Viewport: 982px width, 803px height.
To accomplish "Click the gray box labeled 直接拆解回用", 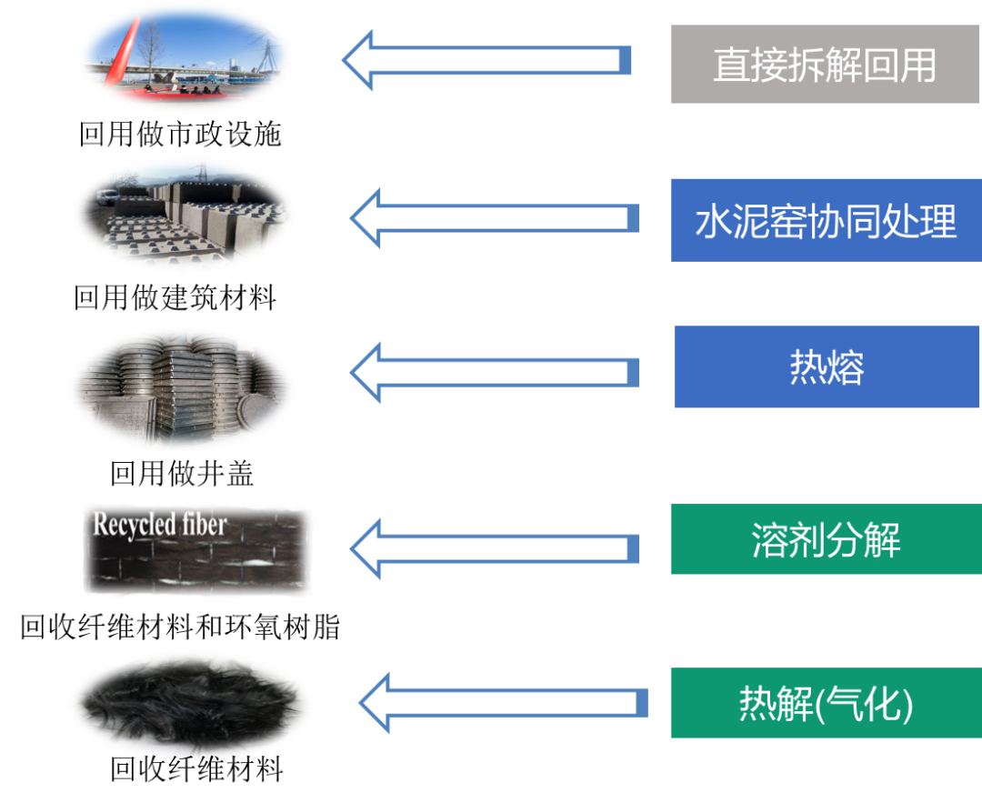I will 825,65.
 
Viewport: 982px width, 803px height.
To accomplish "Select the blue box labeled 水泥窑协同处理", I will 826,220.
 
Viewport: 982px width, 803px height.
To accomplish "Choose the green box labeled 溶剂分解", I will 826,540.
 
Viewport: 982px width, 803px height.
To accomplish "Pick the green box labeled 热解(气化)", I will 826,703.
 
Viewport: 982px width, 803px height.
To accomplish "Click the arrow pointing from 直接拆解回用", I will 487,61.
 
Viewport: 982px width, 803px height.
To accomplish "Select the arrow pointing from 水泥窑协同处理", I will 495,218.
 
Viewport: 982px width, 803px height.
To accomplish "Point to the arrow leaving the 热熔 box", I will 495,372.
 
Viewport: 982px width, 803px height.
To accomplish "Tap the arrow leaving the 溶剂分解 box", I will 495,547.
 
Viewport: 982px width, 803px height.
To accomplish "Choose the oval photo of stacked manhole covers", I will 182,390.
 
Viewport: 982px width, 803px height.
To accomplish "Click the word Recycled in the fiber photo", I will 127,525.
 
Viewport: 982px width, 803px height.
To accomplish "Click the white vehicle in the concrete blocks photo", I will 106,196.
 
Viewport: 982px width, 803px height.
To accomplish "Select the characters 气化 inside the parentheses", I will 865,704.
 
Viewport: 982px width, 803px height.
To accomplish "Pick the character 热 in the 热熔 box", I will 807,367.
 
